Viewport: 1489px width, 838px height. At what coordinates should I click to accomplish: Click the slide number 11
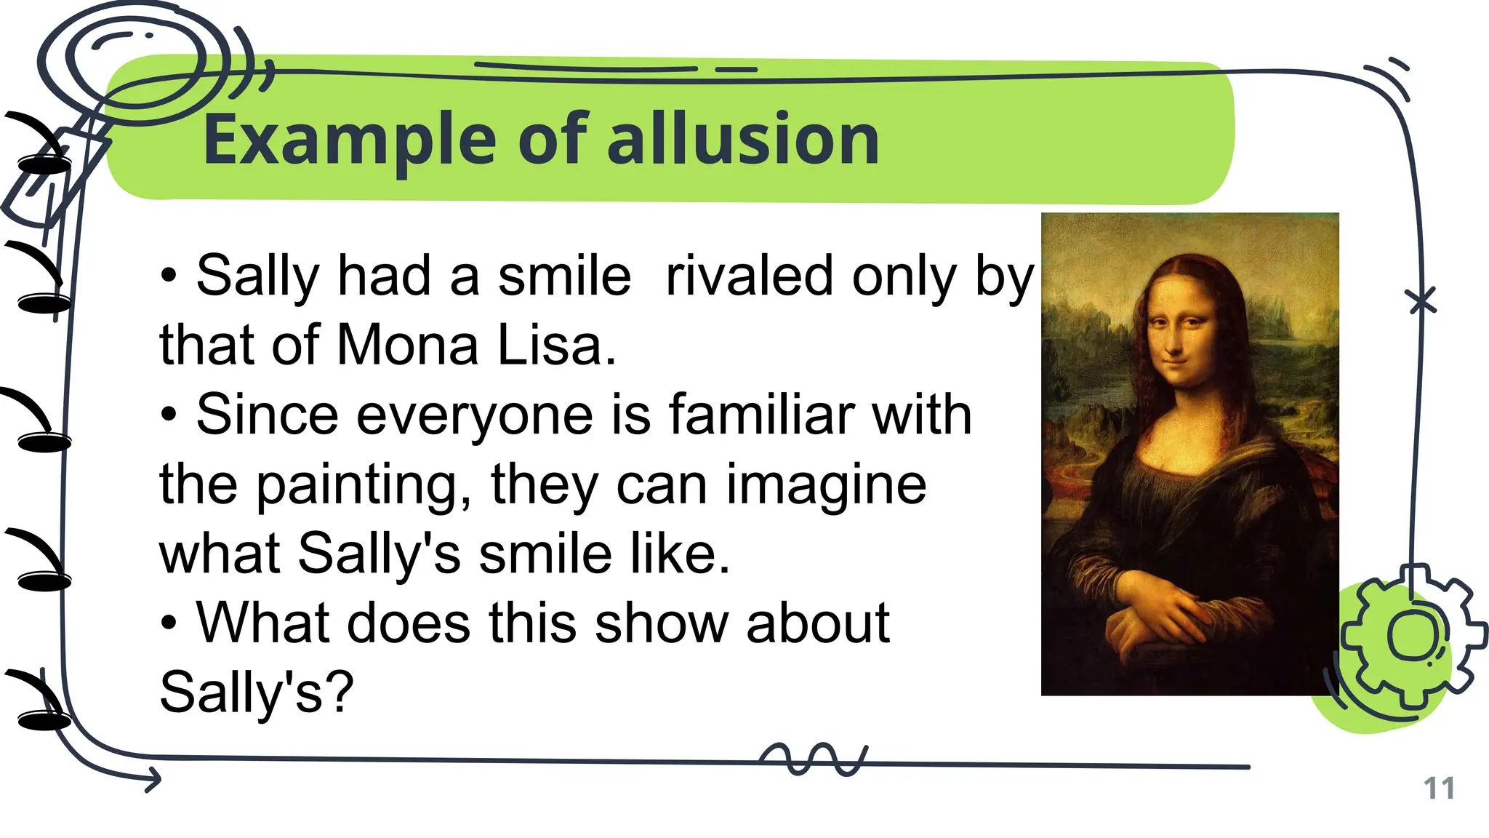pos(1438,789)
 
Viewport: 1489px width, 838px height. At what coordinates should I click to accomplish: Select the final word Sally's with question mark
pos(256,692)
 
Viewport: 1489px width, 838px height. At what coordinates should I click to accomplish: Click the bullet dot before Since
pos(169,415)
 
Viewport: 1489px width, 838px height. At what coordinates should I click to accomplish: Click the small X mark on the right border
pos(1421,300)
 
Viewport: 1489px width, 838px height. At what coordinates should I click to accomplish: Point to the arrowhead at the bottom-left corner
pos(153,780)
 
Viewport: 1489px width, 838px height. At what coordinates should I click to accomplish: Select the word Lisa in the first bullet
pos(550,345)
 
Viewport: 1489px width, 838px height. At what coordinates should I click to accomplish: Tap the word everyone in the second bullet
pos(475,415)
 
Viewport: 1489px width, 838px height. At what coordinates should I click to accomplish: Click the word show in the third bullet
pos(660,623)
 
